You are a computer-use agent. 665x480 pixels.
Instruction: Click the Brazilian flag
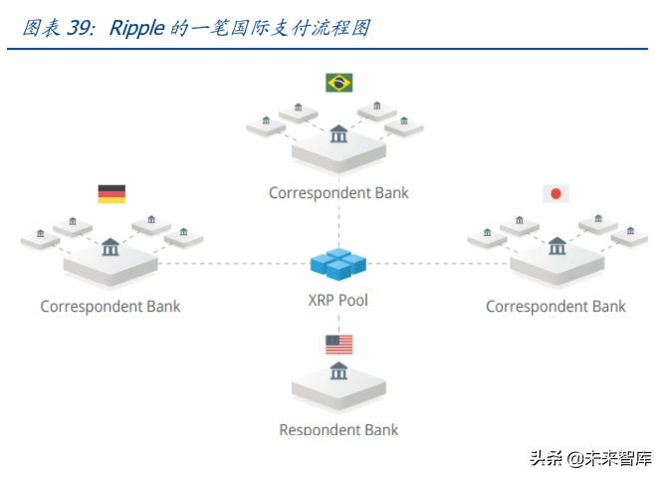point(338,83)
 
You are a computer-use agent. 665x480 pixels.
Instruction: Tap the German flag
point(111,194)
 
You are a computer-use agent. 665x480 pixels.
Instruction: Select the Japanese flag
point(554,194)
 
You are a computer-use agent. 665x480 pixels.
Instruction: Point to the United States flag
point(338,345)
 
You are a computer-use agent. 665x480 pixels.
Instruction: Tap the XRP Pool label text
point(338,300)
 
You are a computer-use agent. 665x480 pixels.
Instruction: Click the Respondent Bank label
point(338,429)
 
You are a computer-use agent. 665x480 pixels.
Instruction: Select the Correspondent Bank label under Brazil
point(338,192)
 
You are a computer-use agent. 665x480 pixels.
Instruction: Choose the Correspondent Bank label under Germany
point(111,306)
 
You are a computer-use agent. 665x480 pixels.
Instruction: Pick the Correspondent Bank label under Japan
point(555,306)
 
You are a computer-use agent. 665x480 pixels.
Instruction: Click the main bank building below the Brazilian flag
point(338,132)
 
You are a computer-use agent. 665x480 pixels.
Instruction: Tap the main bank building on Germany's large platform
point(111,245)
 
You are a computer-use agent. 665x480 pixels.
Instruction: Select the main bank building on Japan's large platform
point(556,245)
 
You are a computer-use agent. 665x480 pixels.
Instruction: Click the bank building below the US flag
point(338,371)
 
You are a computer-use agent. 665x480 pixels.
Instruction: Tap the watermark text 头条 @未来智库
point(590,458)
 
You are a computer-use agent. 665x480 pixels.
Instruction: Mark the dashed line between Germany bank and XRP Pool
point(234,264)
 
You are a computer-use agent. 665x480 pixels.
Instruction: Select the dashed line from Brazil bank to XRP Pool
point(338,224)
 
